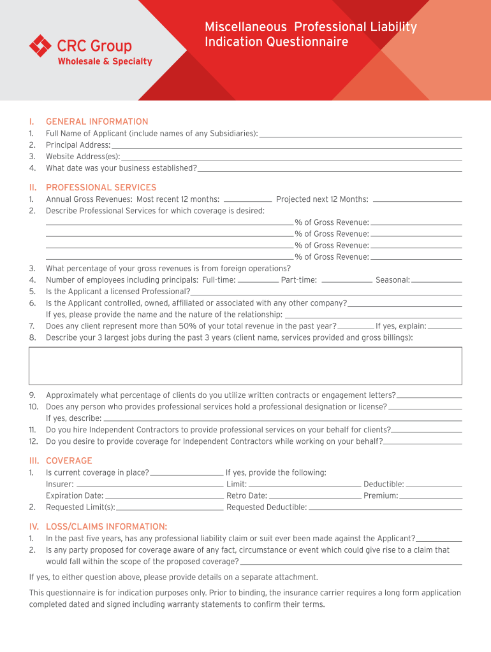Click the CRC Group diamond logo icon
pyautogui.click(x=40, y=46)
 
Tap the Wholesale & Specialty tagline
pyautogui.click(x=105, y=62)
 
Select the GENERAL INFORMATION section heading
pyautogui.click(x=97, y=122)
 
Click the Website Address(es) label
pyautogui.click(x=83, y=157)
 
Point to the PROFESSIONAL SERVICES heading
pyautogui.click(x=101, y=188)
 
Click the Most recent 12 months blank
pyautogui.click(x=248, y=200)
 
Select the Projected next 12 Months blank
pyautogui.click(x=417, y=200)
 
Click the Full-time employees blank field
pyautogui.click(x=258, y=280)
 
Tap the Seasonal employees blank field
pyautogui.click(x=437, y=280)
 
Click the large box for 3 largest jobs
pyautogui.click(x=246, y=366)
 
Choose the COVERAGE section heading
pyautogui.click(x=69, y=461)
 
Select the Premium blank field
pyautogui.click(x=430, y=496)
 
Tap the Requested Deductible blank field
pyautogui.click(x=385, y=507)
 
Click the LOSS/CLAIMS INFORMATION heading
pyautogui.click(x=106, y=527)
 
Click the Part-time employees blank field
pyautogui.click(x=347, y=280)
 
